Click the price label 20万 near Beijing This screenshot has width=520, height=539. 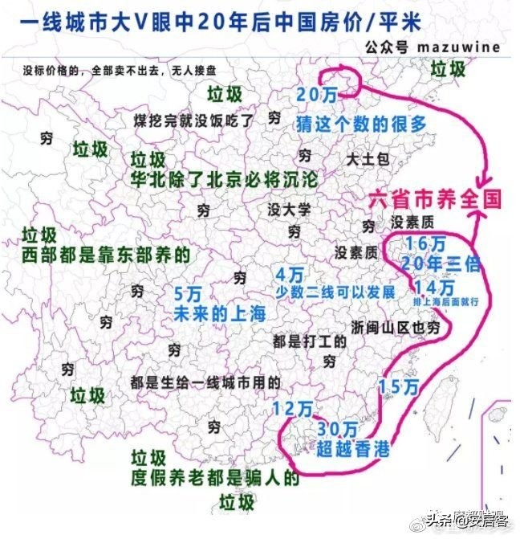tap(316, 94)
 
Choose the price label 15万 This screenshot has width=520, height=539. tap(399, 387)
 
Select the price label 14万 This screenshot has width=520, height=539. tap(433, 287)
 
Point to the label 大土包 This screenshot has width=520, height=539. tap(368, 160)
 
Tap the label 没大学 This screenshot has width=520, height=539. tap(289, 210)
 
